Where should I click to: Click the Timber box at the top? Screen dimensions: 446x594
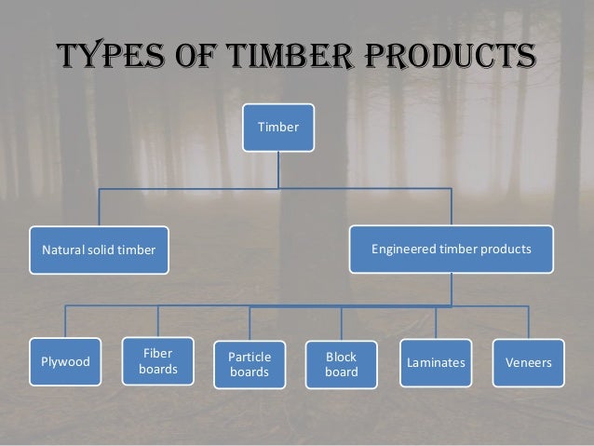coord(279,127)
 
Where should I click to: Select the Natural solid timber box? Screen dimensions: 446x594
coord(99,250)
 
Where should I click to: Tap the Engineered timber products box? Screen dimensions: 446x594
coord(451,249)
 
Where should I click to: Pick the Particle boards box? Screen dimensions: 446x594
coord(250,364)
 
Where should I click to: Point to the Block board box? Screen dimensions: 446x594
coord(341,364)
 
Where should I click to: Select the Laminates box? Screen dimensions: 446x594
coord(436,361)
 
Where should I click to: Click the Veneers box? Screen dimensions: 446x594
coord(528,361)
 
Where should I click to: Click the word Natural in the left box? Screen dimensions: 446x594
coord(60,250)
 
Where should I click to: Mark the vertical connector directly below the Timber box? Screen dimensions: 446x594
coord(279,169)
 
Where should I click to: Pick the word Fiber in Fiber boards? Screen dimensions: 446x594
coord(157,353)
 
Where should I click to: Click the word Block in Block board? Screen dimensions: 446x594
coord(341,357)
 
